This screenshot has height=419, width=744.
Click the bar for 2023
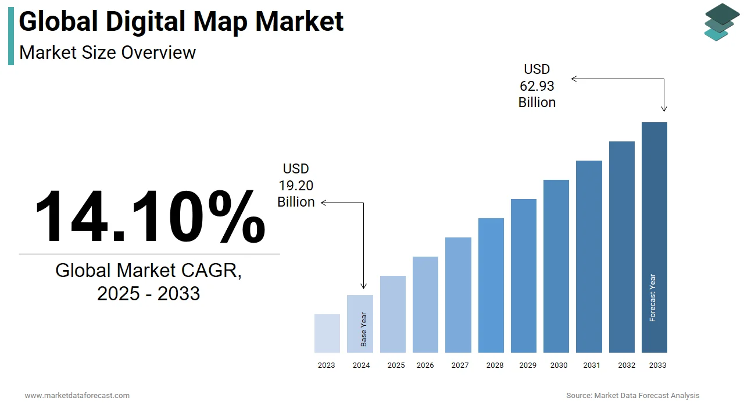click(x=327, y=333)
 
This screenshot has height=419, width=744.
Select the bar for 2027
click(x=458, y=295)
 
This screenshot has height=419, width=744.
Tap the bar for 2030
click(x=556, y=266)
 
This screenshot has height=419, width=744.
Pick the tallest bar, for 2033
click(x=654, y=237)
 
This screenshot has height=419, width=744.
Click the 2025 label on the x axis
click(x=396, y=365)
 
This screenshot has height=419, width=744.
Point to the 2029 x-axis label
click(x=528, y=365)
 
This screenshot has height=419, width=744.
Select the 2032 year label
click(x=627, y=365)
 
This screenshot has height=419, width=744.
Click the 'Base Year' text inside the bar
click(x=364, y=330)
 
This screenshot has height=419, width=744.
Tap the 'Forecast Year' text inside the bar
click(x=653, y=298)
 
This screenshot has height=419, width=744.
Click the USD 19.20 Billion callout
click(x=296, y=186)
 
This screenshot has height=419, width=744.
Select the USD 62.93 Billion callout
click(x=537, y=86)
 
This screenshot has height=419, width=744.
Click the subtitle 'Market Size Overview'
click(x=108, y=52)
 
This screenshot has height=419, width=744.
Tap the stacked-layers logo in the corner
click(x=722, y=22)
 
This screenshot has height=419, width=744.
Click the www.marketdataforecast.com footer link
click(x=77, y=396)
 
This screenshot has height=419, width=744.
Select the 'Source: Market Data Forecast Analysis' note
click(x=633, y=396)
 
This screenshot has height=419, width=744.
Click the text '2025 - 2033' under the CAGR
click(x=149, y=293)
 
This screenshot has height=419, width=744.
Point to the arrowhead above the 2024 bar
click(x=364, y=286)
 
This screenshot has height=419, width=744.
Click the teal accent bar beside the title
click(x=11, y=36)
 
